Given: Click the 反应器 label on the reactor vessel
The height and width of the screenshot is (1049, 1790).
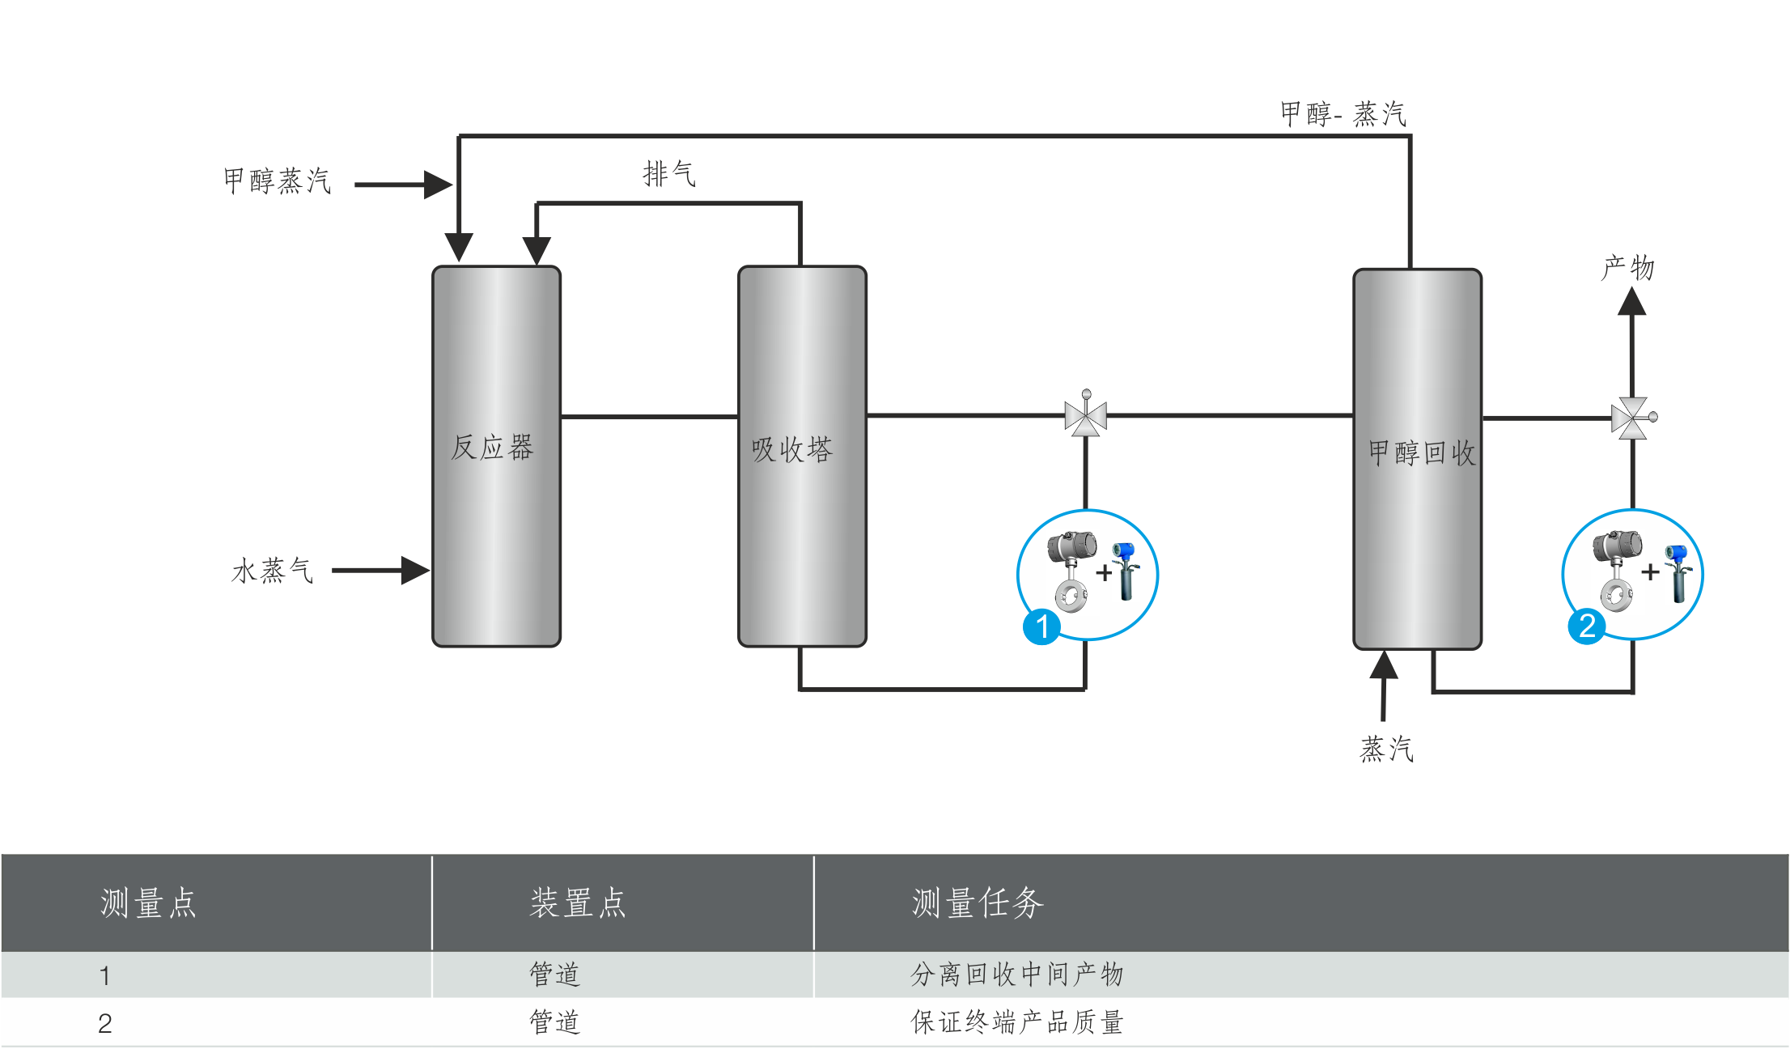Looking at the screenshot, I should [x=492, y=448].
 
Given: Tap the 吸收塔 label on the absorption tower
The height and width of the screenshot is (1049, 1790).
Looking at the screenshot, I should [x=791, y=450].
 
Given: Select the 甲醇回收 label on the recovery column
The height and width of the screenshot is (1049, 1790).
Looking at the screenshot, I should [x=1421, y=453].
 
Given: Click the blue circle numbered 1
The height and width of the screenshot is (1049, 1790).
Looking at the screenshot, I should [x=1041, y=626].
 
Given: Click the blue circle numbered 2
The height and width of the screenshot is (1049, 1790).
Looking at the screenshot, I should [x=1587, y=626].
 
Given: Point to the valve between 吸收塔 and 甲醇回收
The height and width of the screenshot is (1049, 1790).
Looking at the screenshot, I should [x=1085, y=417].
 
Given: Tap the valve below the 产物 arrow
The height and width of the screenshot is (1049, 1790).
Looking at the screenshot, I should [x=1631, y=418].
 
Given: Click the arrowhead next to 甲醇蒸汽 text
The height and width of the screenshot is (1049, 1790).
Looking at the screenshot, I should [x=438, y=185].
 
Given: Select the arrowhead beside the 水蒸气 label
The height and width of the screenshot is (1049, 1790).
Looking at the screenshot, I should [x=415, y=570].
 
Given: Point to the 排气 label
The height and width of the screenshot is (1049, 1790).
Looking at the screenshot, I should [x=668, y=174].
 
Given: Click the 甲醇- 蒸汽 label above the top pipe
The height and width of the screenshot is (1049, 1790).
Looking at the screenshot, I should [x=1342, y=114].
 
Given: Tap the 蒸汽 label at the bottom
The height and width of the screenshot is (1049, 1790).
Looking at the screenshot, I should [x=1386, y=750].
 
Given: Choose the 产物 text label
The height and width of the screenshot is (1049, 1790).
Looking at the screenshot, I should [x=1627, y=268].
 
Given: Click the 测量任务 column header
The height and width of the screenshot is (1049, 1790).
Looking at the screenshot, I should [x=978, y=902].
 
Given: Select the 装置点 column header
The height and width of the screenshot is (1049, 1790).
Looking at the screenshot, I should [x=578, y=902].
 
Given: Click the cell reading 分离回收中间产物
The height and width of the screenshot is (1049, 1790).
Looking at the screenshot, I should [x=1016, y=975].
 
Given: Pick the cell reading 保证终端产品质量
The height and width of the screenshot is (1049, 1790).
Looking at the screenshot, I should [x=1016, y=1022].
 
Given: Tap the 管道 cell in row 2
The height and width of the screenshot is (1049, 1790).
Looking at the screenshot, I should [x=554, y=1022].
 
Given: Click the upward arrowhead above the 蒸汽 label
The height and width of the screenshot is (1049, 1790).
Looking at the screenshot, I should [x=1384, y=665].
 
